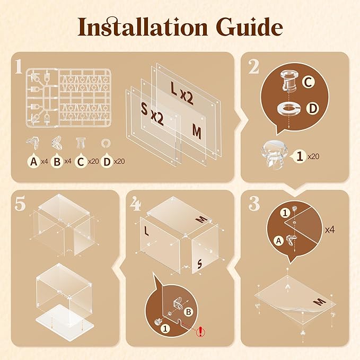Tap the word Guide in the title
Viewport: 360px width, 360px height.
point(250,27)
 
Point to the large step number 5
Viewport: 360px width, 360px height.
point(20,204)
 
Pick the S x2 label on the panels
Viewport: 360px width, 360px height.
point(152,114)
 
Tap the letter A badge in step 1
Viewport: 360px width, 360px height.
point(33,161)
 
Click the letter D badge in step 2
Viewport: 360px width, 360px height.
point(313,108)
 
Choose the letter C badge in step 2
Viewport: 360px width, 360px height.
point(308,82)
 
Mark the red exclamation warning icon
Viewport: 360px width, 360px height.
point(201,331)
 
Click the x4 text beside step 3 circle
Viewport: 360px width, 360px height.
point(330,230)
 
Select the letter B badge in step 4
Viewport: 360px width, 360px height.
point(189,312)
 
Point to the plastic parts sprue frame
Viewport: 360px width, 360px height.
point(68,98)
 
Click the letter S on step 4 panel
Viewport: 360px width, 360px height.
point(199,264)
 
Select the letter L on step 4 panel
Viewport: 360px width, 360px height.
point(146,231)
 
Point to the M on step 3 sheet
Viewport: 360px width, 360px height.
point(320,301)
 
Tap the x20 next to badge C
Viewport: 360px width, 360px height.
point(94,161)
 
